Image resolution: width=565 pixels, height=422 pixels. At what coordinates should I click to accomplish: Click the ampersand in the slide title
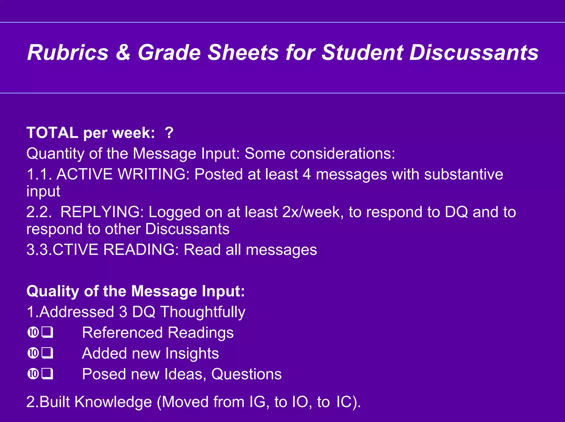[123, 53]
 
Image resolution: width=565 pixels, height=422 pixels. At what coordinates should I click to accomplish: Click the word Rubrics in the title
[68, 53]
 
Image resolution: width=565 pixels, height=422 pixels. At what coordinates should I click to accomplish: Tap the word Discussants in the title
[474, 53]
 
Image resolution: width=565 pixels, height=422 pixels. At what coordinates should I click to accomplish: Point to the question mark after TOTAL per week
[169, 133]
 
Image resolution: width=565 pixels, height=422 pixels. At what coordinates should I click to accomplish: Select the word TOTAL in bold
[52, 133]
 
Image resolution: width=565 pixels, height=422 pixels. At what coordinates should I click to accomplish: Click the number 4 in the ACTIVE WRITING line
[307, 174]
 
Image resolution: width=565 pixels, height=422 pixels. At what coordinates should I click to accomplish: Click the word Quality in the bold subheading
[53, 291]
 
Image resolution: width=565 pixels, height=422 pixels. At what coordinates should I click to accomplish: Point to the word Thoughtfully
[203, 312]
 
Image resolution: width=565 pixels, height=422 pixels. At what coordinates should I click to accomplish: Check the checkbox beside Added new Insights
[47, 353]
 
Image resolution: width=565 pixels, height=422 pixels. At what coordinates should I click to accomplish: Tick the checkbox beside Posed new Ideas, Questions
[47, 374]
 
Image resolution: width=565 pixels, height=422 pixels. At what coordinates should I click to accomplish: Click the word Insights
[192, 353]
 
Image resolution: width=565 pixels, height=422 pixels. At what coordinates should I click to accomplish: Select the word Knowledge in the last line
[113, 402]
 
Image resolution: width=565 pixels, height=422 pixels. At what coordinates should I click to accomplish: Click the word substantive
[463, 174]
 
